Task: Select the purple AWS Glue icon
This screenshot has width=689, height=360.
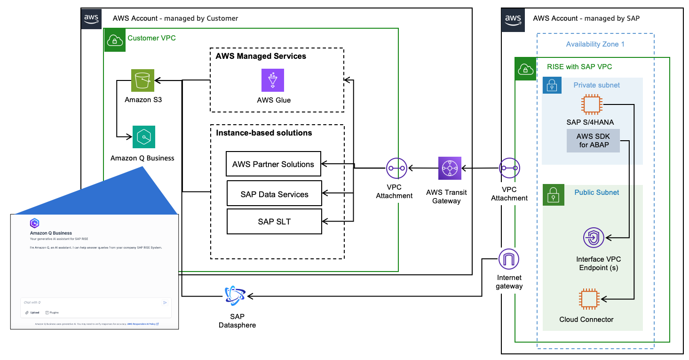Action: click(273, 80)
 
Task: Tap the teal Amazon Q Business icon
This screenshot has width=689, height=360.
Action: click(144, 137)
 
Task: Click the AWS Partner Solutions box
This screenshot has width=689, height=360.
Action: click(273, 164)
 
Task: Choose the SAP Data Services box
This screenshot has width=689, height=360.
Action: click(274, 194)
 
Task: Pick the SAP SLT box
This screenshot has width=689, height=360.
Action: click(274, 222)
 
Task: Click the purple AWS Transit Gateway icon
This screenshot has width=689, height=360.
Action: click(450, 168)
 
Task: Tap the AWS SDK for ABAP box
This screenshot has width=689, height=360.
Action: click(593, 141)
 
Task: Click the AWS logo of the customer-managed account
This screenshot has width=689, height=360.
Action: click(91, 19)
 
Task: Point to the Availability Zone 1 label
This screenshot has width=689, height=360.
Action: click(595, 44)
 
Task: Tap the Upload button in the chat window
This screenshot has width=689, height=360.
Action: click(32, 312)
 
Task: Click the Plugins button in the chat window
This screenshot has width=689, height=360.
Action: click(52, 312)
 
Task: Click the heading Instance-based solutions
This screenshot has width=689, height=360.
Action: click(264, 133)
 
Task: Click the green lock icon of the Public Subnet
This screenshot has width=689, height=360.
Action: click(553, 195)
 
